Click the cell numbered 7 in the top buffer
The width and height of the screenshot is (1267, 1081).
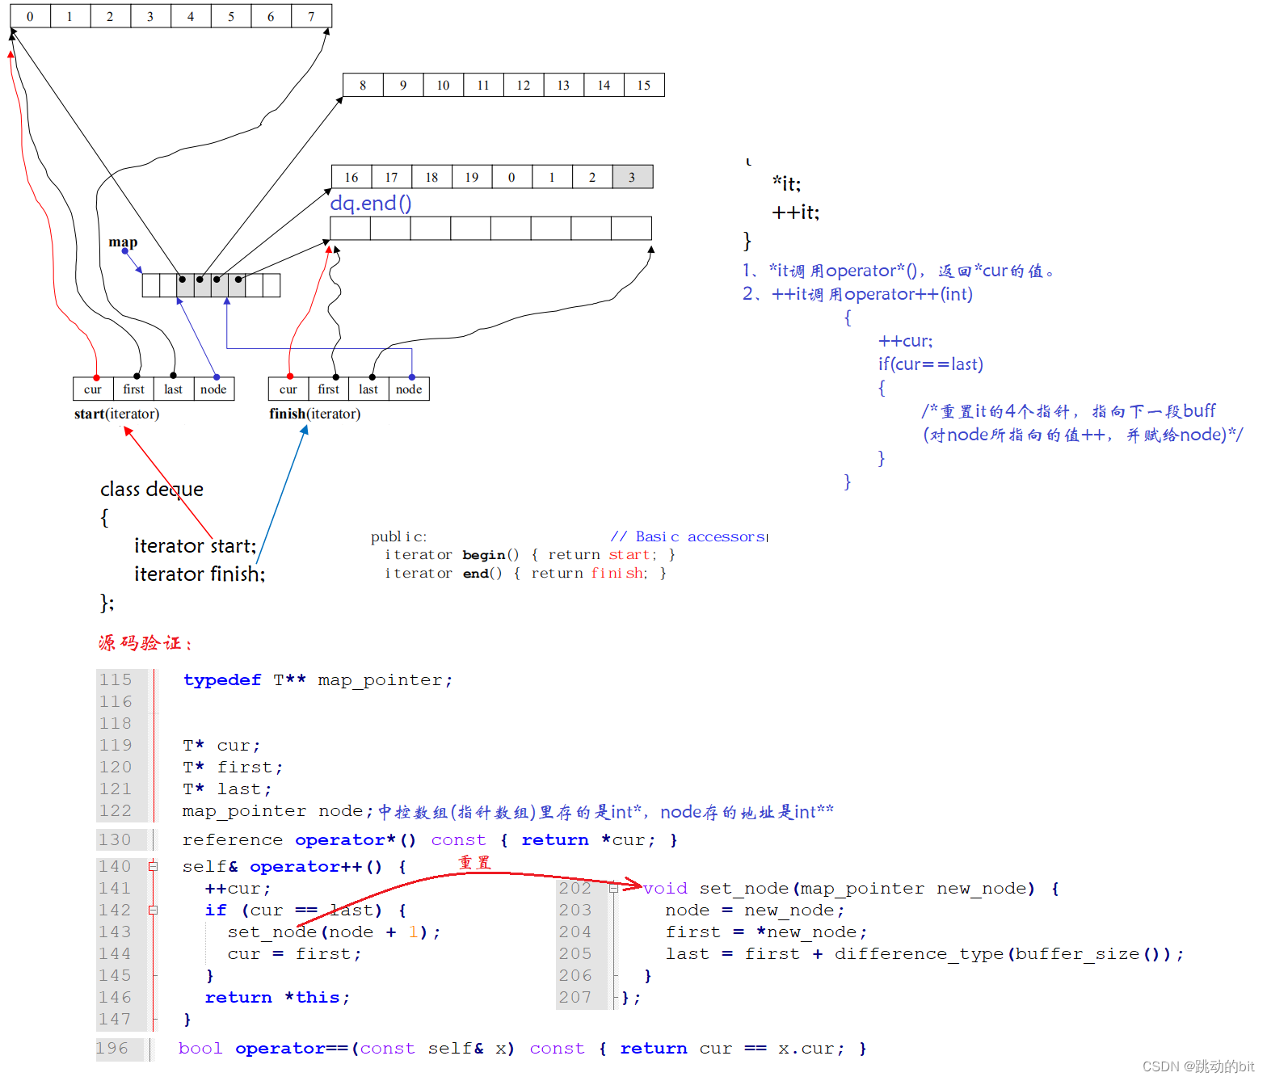(311, 16)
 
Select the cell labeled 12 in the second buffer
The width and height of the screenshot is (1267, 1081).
(524, 85)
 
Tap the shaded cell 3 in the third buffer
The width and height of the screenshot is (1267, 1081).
(632, 177)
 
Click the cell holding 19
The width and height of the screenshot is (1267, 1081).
(472, 177)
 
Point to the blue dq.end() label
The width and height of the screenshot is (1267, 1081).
(371, 203)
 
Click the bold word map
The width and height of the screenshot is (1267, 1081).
(123, 242)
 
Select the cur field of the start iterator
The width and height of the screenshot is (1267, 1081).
(93, 389)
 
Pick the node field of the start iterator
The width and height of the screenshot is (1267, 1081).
(213, 389)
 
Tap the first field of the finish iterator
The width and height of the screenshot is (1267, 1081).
(328, 389)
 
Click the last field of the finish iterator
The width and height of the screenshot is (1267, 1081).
(368, 389)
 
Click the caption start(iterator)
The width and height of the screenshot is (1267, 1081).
(116, 414)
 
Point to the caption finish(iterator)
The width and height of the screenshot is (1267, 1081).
(314, 414)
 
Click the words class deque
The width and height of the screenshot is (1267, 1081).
(151, 489)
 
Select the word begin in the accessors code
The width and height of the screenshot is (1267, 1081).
(483, 554)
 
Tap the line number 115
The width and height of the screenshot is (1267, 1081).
(116, 679)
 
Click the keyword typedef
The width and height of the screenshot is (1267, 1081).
(222, 679)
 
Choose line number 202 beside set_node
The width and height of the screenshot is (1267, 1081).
(575, 888)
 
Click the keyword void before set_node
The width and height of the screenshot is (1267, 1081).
(665, 888)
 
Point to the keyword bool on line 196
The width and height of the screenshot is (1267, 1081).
(200, 1048)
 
